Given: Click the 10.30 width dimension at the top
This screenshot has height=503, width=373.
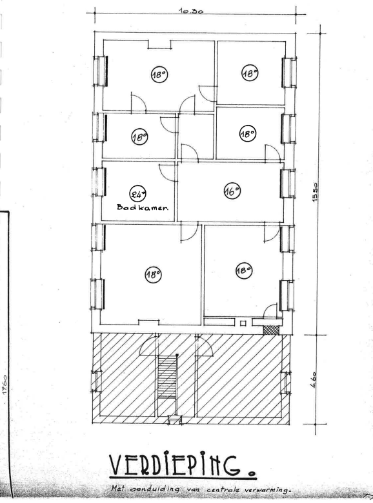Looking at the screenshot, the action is [192, 10].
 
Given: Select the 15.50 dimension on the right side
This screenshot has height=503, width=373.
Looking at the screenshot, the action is [315, 192].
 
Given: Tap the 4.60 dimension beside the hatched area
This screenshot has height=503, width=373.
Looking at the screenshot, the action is [314, 379].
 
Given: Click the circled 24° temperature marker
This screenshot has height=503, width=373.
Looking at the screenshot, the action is [137, 193].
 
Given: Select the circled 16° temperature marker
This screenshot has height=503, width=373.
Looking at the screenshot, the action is [232, 191].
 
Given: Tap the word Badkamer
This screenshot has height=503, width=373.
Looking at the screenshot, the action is [143, 207].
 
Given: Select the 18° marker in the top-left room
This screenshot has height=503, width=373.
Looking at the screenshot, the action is [159, 75].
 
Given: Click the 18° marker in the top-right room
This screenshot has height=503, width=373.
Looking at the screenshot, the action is [250, 73].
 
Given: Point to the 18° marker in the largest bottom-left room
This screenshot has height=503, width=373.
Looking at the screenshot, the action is [153, 274].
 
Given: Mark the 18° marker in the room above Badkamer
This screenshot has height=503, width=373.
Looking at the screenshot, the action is [139, 137].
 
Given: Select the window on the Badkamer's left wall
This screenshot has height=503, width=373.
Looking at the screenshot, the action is [99, 182].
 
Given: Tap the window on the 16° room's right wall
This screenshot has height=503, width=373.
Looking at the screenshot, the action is [288, 184].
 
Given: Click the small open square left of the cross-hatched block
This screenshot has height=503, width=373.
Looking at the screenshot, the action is [243, 323].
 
